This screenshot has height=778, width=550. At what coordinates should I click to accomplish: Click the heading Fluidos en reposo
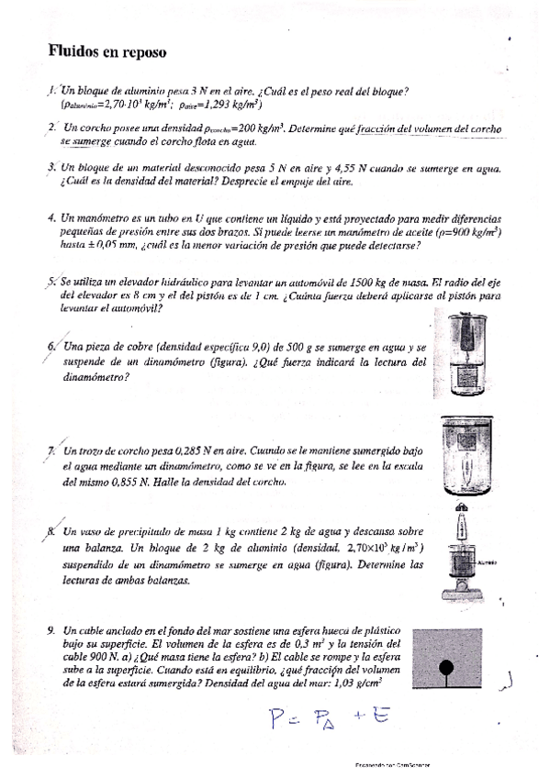[x=107, y=52]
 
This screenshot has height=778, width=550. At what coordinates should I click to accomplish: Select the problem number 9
[x=51, y=631]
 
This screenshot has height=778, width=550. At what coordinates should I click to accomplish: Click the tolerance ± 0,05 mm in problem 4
[x=111, y=246]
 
